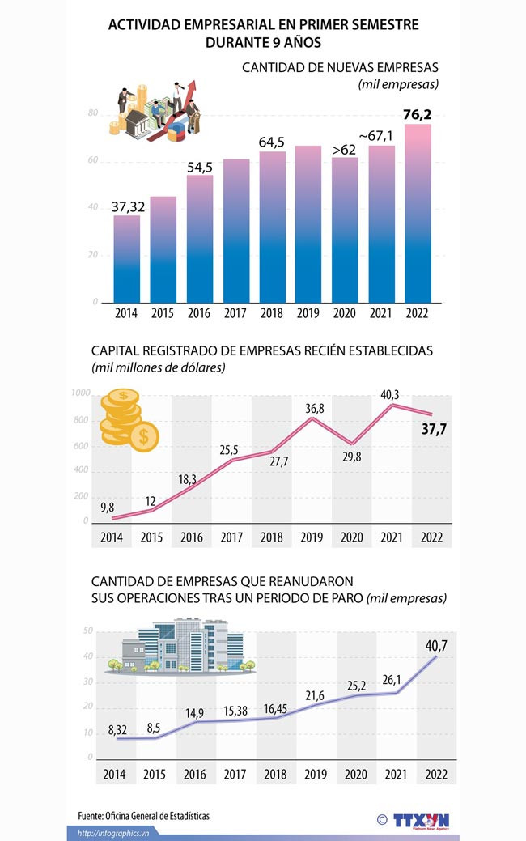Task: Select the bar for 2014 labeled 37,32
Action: tap(127, 259)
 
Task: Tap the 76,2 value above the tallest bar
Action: tap(417, 115)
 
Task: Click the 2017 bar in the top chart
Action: tap(236, 231)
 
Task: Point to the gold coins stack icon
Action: tap(128, 418)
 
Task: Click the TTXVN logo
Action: tap(419, 820)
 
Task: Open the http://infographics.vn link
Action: tap(113, 833)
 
